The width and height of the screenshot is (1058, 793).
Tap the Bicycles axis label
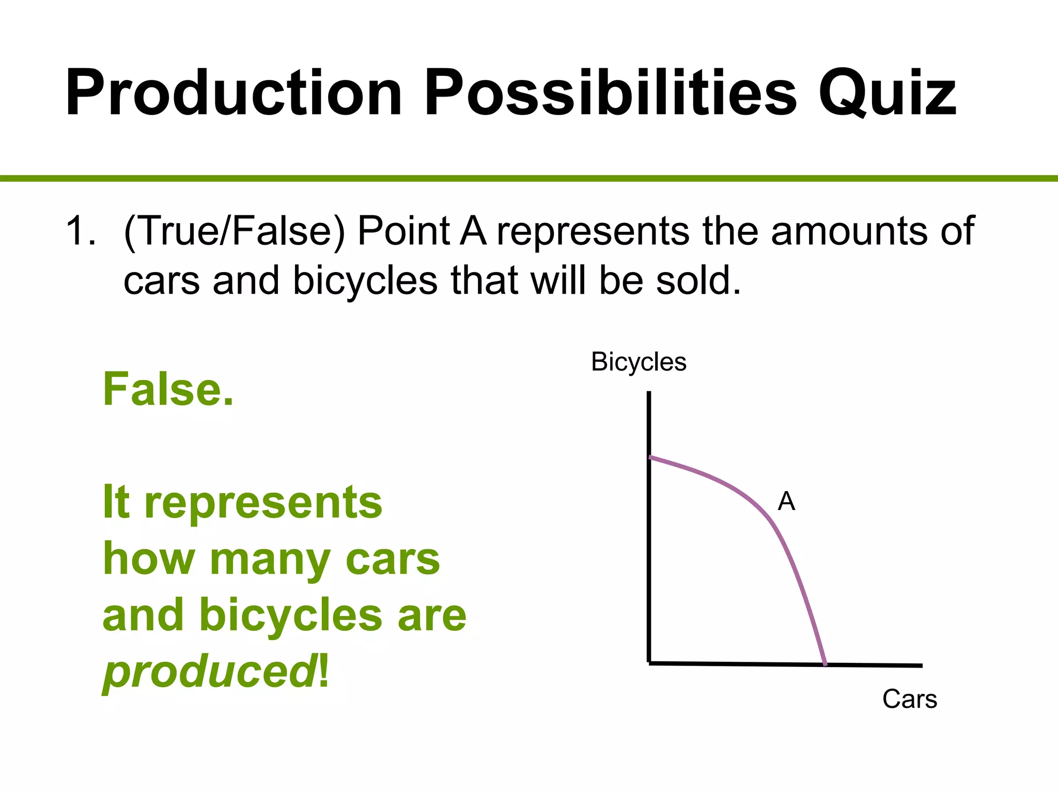(x=639, y=362)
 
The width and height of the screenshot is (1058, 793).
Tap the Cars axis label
(x=909, y=700)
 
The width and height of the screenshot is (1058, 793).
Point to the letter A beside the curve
(x=786, y=501)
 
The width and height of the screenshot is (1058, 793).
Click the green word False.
(x=168, y=390)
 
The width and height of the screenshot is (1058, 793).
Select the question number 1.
(x=80, y=231)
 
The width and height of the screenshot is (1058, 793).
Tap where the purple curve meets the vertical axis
(x=650, y=457)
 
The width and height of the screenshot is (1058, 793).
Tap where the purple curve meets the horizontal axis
(x=824, y=664)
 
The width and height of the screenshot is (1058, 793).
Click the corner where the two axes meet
(x=649, y=663)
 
